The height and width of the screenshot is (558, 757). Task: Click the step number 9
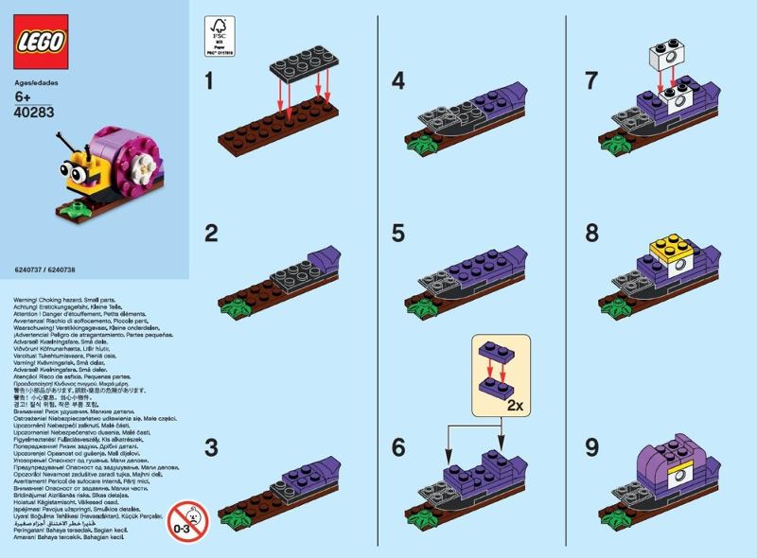591,446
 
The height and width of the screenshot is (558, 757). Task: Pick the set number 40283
34,111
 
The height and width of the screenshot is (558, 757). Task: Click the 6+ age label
25,96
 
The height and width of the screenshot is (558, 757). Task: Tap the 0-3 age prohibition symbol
188,520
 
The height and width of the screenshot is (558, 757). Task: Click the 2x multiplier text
517,406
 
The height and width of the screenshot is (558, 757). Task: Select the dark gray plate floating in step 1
299,64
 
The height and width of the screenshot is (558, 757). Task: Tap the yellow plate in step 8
670,252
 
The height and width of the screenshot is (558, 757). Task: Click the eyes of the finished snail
75,171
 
